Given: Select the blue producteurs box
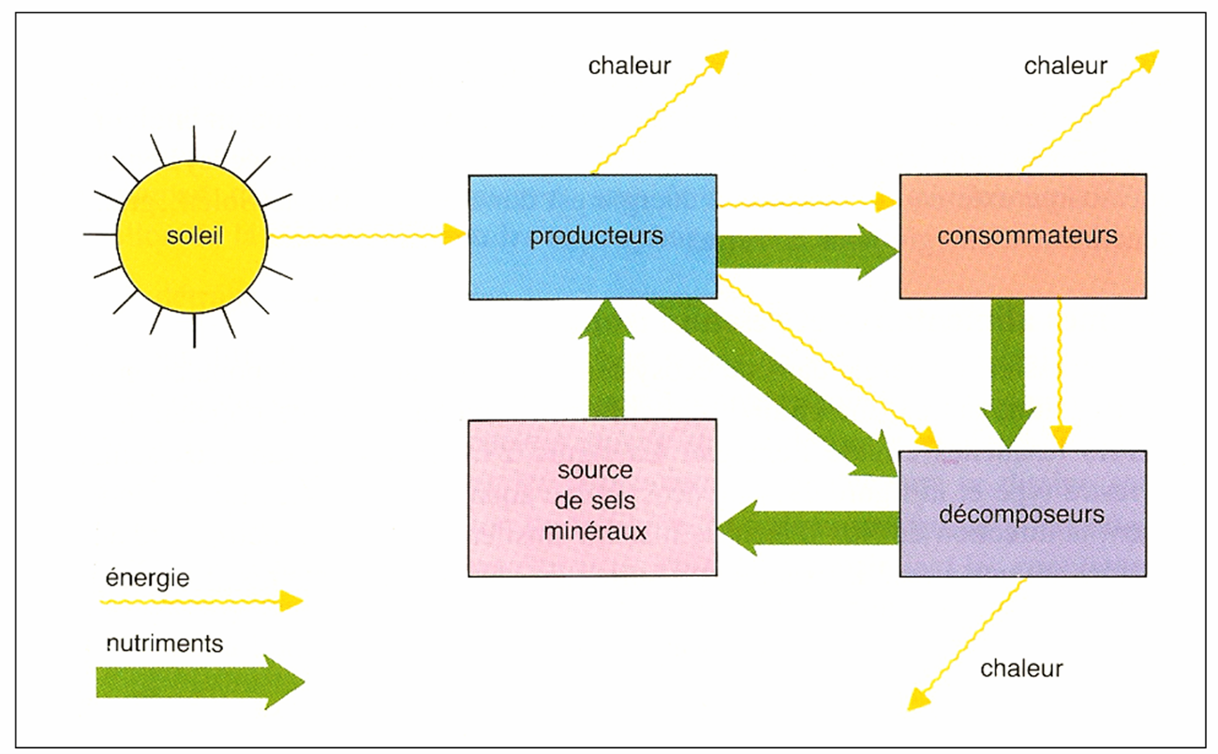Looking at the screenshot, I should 593,236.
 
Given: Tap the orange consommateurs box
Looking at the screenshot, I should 1022,236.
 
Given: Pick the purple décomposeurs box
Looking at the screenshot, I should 1022,514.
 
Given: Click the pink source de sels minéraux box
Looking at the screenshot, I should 592,497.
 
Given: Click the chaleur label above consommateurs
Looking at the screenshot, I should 1065,66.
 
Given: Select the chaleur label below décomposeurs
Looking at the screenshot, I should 1021,669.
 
